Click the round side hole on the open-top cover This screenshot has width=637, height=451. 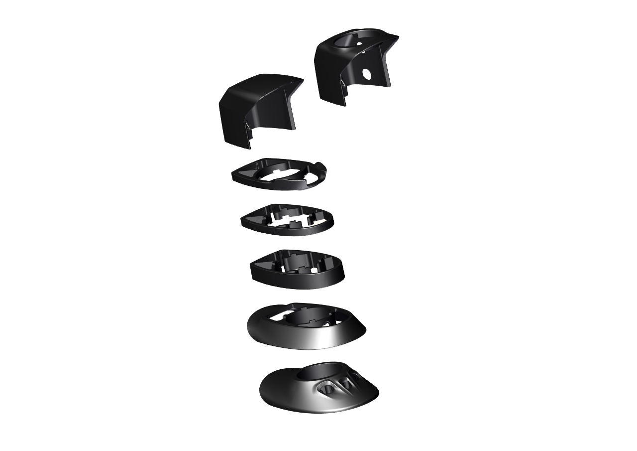click(x=367, y=74)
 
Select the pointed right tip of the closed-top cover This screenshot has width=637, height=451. click(x=302, y=79)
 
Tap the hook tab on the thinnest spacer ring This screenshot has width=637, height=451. click(x=321, y=167)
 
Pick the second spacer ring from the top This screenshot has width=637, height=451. click(x=287, y=219)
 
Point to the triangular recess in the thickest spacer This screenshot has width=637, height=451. click(x=264, y=262)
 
